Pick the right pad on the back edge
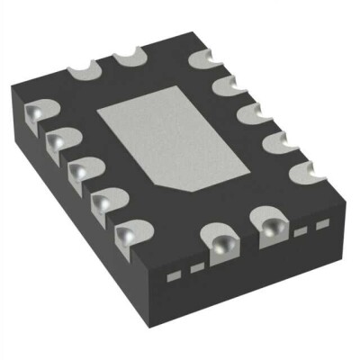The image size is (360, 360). click(130, 58)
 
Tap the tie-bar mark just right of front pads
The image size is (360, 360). click(301, 230)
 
